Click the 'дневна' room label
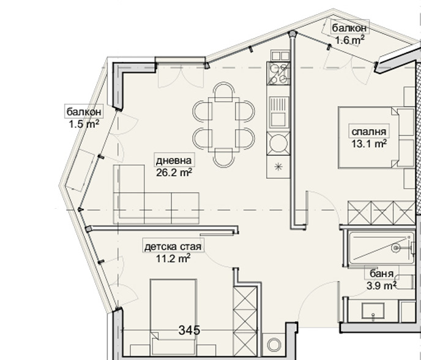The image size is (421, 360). pos(174,160)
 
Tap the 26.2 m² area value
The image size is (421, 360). pos(174,172)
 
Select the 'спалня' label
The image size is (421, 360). pos(368,132)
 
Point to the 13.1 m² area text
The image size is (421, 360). pos(369,143)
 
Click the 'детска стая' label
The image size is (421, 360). pos(173,247)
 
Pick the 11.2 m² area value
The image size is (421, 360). pos(173,258)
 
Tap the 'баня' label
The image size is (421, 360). pos(382,274)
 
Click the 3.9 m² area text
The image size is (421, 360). pos(382,285)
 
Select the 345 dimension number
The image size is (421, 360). pos(189,330)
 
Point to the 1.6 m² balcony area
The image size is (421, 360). pos(349,40)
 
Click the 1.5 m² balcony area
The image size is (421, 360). pos(84,124)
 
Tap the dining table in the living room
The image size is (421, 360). pos(224,125)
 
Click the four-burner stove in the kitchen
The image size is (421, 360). pos(278,73)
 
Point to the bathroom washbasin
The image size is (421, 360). pos(373,312)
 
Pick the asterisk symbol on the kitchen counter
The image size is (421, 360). pos(278,167)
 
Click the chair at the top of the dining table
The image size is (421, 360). pos(224,92)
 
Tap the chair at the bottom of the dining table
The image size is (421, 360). pos(224,158)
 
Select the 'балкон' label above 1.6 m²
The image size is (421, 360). pos(349,28)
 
